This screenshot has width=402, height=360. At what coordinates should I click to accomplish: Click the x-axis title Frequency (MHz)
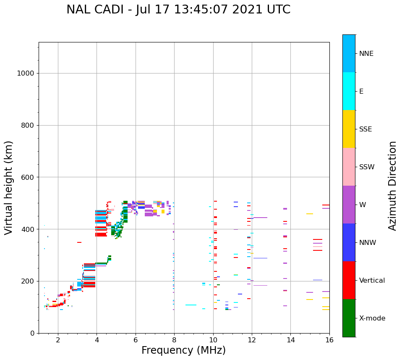point(183,350)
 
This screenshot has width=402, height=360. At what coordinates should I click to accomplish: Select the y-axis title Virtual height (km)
point(9,187)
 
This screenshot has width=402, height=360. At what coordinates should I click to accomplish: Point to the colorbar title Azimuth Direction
point(392,185)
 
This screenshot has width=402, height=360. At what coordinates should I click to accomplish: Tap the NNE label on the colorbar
point(366,54)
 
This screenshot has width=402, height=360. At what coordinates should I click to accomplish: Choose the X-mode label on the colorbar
point(372,318)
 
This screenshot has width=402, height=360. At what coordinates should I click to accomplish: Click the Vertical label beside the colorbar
point(372,281)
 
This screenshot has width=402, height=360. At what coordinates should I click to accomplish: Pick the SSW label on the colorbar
point(367,167)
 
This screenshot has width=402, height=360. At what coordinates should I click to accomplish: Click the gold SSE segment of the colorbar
point(349,129)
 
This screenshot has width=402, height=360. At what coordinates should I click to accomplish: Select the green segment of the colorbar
point(349,318)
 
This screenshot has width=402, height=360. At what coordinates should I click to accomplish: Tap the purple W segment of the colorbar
point(349,205)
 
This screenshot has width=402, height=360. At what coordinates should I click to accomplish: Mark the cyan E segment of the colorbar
point(349,91)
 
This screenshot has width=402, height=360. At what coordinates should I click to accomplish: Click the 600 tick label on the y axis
point(27,177)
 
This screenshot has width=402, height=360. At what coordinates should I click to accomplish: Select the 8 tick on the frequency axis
point(174,339)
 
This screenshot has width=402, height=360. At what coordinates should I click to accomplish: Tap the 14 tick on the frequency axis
point(290,339)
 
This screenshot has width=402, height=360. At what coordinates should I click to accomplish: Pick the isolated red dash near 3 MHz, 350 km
point(79,242)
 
